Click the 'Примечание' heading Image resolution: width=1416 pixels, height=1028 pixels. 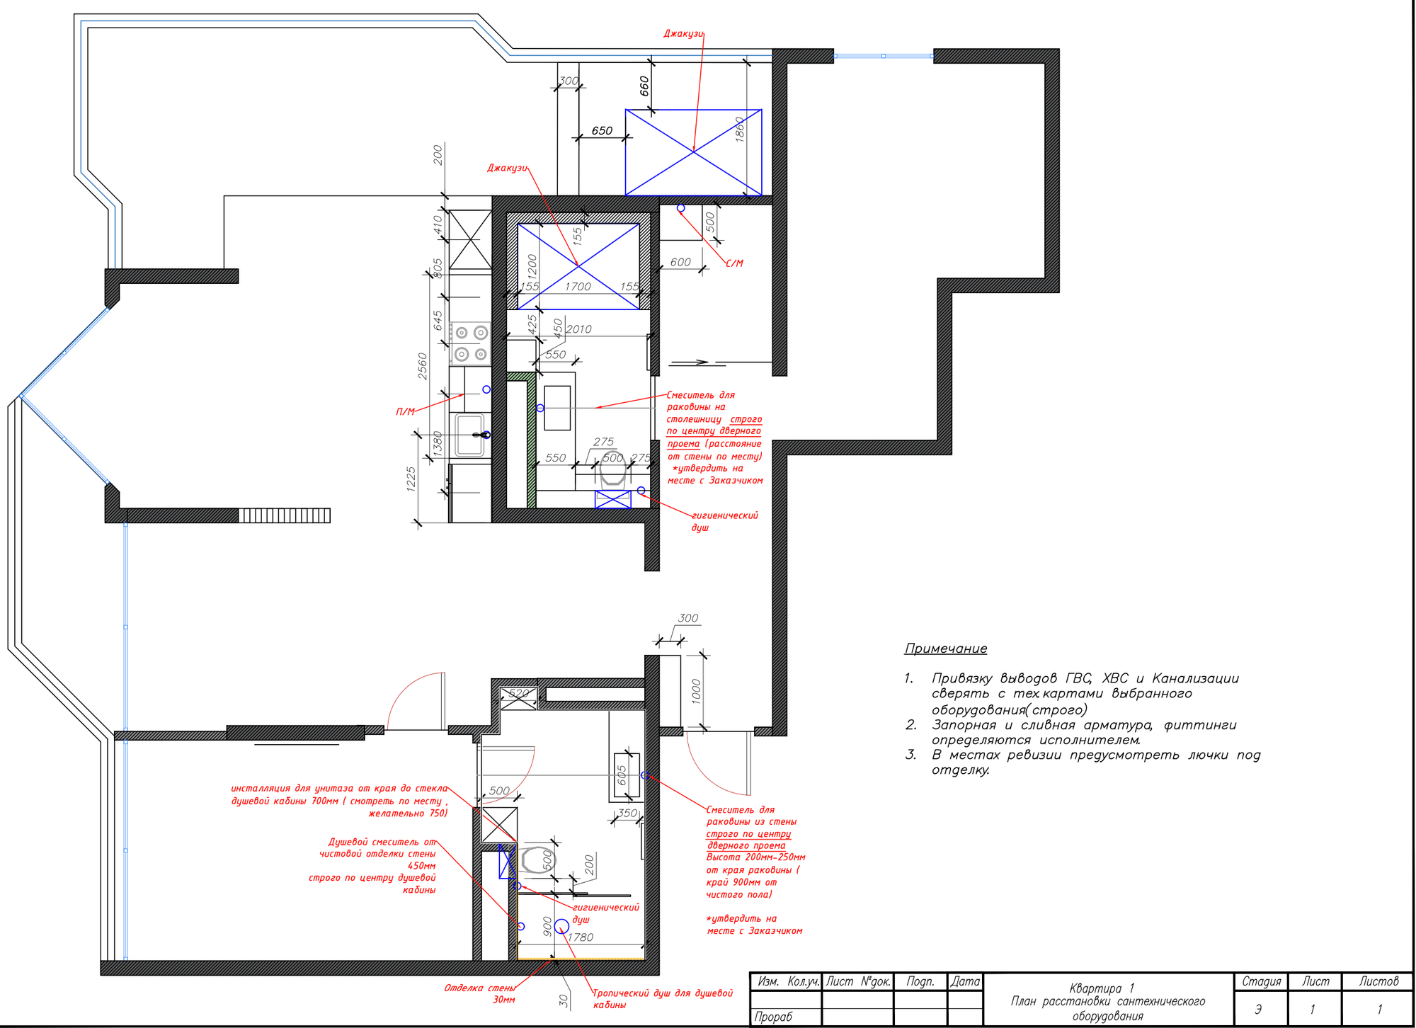click(945, 649)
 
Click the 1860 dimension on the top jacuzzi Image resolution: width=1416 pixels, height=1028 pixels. click(740, 130)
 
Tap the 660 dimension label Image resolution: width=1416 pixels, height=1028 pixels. click(644, 86)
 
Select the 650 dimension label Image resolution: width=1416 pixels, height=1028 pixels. click(602, 130)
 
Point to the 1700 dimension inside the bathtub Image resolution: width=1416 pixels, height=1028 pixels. click(578, 287)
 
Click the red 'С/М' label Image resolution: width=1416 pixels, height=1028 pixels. click(734, 263)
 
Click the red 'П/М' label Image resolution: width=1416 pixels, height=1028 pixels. click(406, 411)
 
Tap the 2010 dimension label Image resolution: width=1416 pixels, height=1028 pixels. click(578, 329)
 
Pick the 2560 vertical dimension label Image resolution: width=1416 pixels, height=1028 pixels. click(423, 366)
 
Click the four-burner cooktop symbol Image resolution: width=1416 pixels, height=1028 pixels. click(470, 343)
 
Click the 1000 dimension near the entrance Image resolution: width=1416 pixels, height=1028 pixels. click(696, 692)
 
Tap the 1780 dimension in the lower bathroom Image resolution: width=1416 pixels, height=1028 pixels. click(581, 937)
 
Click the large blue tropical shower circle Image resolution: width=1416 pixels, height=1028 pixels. click(561, 927)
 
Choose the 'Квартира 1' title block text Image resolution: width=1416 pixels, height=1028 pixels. click(1102, 988)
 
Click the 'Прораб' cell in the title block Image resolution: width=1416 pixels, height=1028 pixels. click(774, 1017)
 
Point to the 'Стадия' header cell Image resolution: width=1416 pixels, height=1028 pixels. click(1262, 982)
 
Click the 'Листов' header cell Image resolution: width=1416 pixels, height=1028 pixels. click(1378, 982)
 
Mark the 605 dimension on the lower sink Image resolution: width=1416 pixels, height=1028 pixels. click(622, 775)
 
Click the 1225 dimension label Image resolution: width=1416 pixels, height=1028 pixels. click(411, 479)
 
